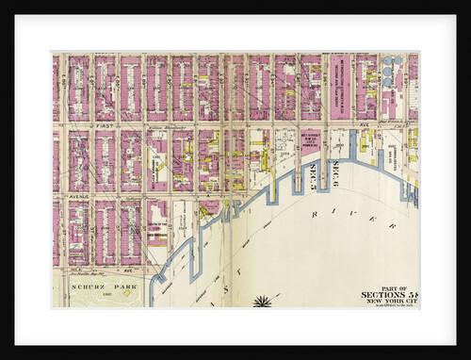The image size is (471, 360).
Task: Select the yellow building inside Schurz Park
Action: tap(127, 291)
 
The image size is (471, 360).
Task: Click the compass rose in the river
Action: tap(262, 302)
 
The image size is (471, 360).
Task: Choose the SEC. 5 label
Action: tap(315, 173)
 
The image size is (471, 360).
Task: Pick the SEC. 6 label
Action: tap(335, 173)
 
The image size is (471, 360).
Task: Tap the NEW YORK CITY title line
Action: tap(389, 302)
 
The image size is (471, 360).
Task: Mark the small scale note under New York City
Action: tap(389, 307)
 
